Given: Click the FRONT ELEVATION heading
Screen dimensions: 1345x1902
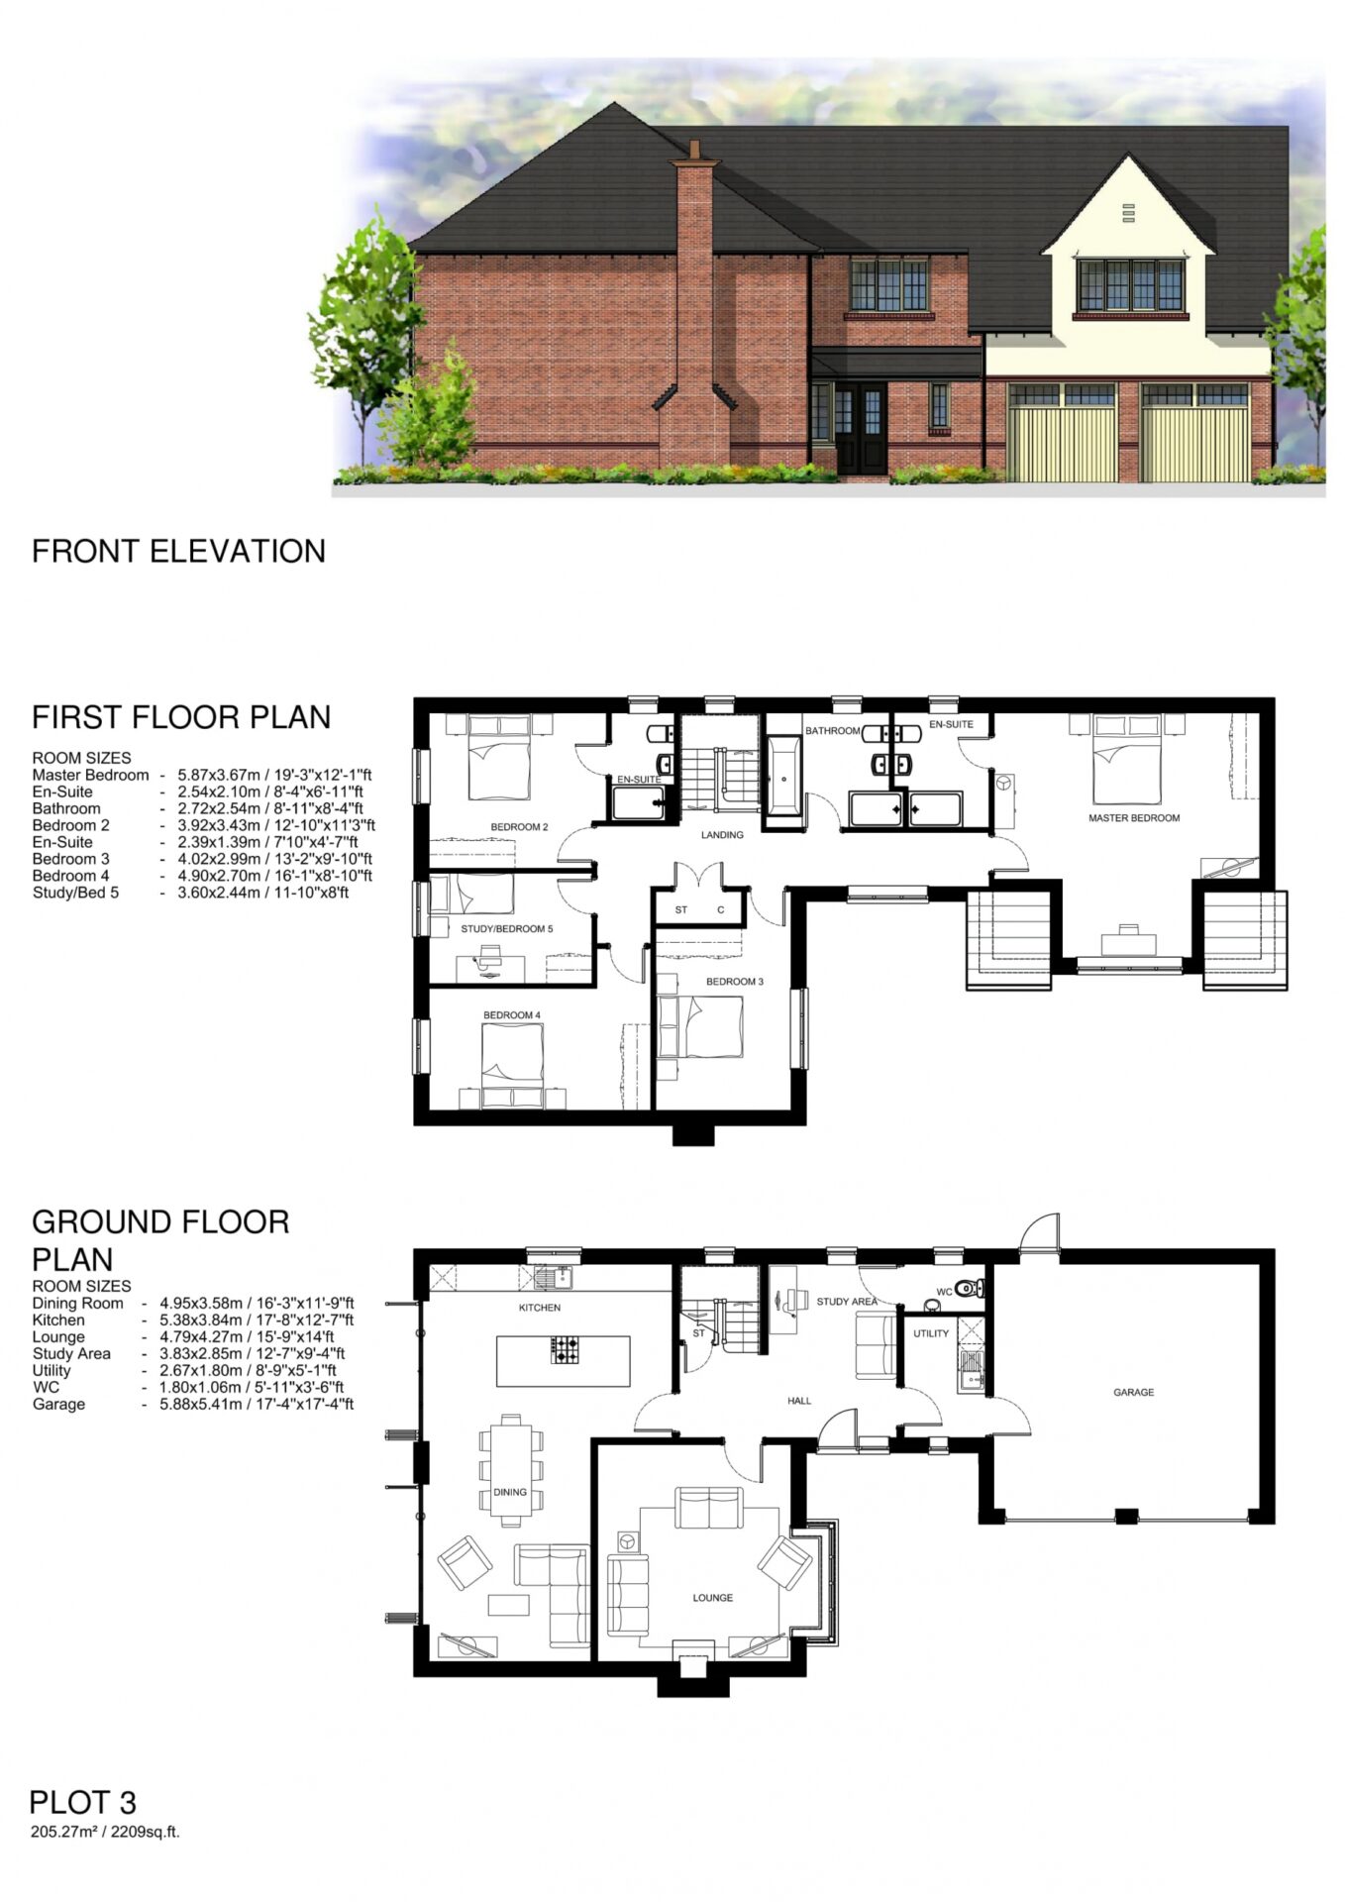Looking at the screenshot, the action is click(178, 551).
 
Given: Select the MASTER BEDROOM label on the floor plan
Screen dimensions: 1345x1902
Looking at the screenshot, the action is click(1134, 818).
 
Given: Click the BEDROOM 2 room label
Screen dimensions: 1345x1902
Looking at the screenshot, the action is click(519, 827).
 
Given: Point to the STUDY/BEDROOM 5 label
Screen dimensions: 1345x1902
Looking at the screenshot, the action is click(507, 929).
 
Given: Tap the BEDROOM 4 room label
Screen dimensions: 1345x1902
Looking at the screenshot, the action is click(512, 1015).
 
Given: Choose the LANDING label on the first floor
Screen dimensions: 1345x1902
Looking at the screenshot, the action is click(722, 835).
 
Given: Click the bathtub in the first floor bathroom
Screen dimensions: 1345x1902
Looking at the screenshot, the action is click(783, 777).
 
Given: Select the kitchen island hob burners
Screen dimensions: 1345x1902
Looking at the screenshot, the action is click(566, 1349).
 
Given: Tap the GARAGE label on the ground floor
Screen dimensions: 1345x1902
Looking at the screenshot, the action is click(1134, 1393).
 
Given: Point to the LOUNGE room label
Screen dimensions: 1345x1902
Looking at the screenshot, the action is click(713, 1598).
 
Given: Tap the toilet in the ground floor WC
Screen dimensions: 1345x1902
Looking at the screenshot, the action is click(970, 1289).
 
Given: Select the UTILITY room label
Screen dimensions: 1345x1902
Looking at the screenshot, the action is click(931, 1333).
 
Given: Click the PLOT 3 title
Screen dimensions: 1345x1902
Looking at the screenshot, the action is click(83, 1802).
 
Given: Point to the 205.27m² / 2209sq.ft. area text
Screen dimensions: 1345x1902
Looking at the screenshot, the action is click(105, 1832).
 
